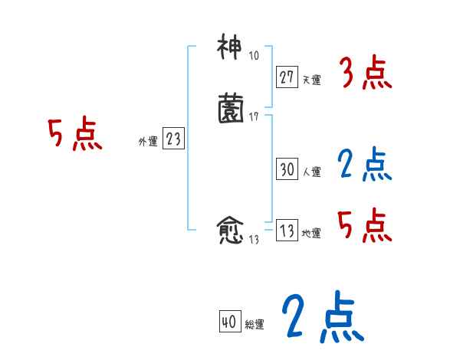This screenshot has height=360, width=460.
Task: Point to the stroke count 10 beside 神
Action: (x=255, y=57)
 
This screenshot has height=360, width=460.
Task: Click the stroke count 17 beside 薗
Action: (x=255, y=116)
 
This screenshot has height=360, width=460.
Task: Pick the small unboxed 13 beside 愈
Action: (x=255, y=240)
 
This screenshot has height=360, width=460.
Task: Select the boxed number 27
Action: (x=287, y=77)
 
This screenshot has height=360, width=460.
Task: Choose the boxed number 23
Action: (x=173, y=139)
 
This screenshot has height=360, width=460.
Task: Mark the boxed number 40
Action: (x=228, y=322)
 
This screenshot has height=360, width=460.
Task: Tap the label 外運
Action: (x=148, y=141)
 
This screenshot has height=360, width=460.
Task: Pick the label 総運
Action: (x=254, y=325)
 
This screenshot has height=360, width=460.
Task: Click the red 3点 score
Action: (x=366, y=74)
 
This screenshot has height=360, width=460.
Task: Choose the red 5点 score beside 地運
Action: (x=364, y=224)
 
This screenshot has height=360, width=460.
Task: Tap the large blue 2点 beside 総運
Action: (x=322, y=317)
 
